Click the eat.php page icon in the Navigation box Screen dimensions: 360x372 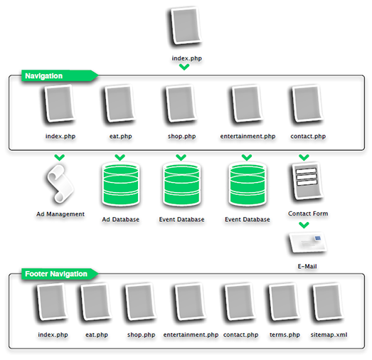coord(118,105)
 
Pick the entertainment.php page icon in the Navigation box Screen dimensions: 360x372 coord(247,105)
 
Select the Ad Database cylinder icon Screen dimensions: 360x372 coord(120,184)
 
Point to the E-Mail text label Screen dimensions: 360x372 coord(307,266)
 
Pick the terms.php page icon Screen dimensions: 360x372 coord(283,304)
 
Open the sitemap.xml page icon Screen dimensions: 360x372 coord(326,304)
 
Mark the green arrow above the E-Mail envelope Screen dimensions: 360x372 coord(304,226)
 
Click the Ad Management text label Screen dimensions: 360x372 coord(60,213)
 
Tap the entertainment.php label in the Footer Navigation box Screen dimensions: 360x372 coord(191,334)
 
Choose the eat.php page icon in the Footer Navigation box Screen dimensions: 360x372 coord(95,304)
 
